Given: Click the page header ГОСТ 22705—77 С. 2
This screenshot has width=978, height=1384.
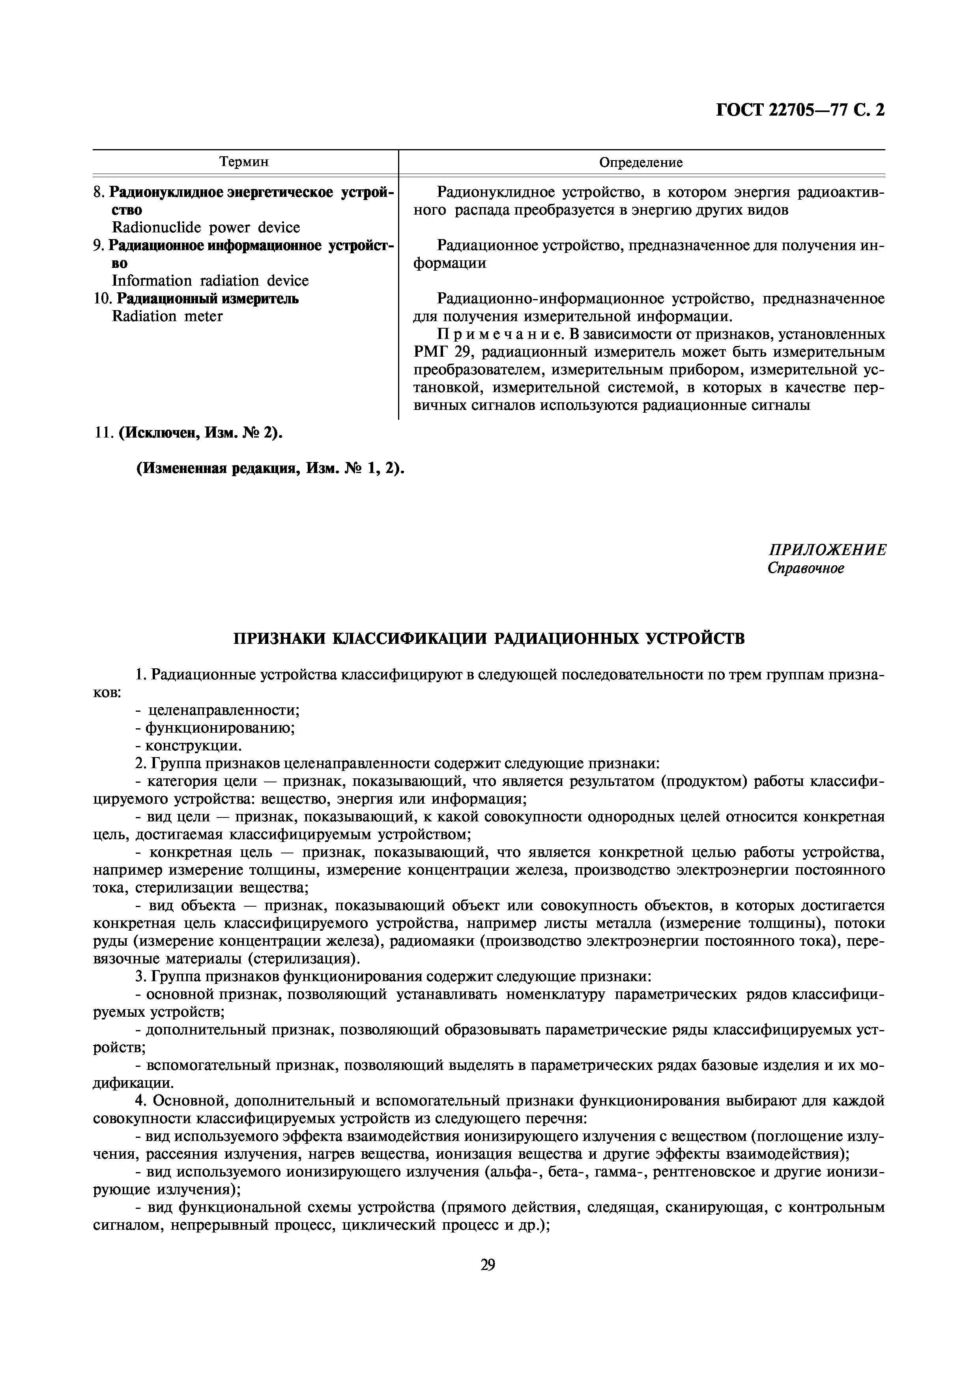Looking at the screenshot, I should point(800,110).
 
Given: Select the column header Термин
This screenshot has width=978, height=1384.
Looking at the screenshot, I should point(244,162).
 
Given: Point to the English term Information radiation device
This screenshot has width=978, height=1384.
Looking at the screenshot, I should point(210,281).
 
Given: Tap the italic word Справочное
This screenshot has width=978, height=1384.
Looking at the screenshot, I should point(806,569).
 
